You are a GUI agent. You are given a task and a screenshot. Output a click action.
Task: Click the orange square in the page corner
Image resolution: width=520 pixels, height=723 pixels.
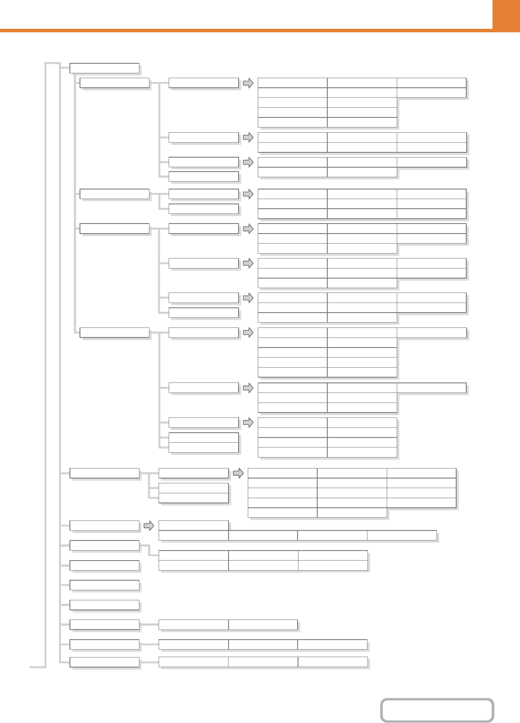pos(506,15)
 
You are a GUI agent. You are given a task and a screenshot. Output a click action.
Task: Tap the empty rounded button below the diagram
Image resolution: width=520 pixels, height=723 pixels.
pos(437,710)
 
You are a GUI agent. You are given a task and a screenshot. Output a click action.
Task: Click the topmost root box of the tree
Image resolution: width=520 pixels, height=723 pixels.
pos(104,68)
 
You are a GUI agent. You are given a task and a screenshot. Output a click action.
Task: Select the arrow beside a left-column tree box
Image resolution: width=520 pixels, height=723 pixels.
pos(149,526)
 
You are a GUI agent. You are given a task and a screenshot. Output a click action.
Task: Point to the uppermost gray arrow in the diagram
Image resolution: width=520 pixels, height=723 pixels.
pos(248,83)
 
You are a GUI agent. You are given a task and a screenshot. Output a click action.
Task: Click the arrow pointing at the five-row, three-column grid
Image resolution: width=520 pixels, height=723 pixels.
pos(238,473)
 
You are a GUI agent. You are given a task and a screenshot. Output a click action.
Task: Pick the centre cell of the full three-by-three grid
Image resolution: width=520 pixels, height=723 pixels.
pos(362,204)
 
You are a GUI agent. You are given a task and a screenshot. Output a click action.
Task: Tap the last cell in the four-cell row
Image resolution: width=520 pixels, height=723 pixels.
pos(402,535)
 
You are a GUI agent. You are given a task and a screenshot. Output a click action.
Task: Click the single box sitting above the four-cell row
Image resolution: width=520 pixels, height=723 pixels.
pos(193,525)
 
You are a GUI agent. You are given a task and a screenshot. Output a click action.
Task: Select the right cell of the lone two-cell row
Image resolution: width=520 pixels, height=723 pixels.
pos(263,625)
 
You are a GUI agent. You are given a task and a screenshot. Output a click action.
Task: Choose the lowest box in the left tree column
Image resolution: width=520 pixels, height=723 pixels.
pos(104,662)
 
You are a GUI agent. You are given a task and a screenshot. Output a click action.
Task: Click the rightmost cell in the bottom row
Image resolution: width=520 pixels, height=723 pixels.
pos(333,662)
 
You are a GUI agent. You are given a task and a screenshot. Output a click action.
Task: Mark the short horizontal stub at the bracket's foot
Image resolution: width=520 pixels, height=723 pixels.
pos(38,667)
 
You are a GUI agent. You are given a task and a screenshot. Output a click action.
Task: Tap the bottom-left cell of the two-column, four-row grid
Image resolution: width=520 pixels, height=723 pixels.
pos(292,452)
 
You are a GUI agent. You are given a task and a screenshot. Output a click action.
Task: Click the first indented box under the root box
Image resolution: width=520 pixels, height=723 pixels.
pos(114,83)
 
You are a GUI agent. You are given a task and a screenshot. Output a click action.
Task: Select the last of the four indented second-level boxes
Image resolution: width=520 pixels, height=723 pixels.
pos(114,333)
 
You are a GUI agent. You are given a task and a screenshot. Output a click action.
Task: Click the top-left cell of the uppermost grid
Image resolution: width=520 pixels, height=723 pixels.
pos(292,83)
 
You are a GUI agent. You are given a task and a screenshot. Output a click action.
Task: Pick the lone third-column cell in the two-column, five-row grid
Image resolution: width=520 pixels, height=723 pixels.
pos(431,333)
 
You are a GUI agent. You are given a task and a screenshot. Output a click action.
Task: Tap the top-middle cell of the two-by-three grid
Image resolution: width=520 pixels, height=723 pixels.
pos(263,555)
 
